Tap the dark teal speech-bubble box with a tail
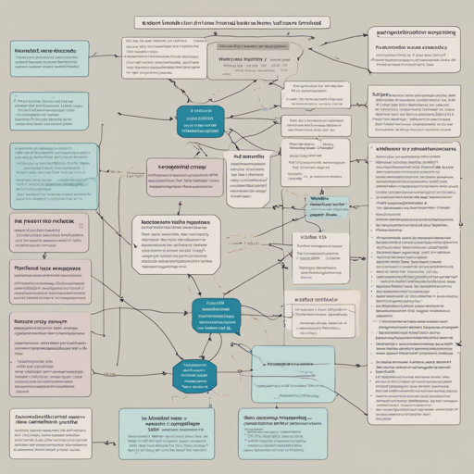(x=215, y=315)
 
